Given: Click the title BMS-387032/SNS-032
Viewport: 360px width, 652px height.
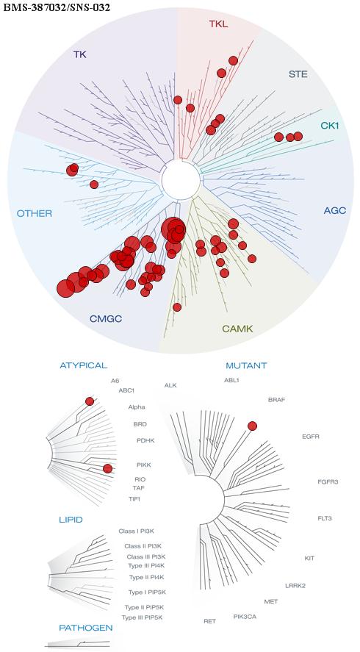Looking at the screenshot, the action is click(x=57, y=8).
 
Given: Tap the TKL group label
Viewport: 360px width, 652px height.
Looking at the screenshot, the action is click(x=218, y=24).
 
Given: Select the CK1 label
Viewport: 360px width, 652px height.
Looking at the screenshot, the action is click(x=330, y=125).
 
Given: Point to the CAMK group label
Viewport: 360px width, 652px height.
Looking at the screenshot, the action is click(x=237, y=329).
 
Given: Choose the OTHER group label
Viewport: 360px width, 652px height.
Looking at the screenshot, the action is click(x=35, y=214).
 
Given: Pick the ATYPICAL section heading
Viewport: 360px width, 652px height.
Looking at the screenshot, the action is click(x=84, y=365).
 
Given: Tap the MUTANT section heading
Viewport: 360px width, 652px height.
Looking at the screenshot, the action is click(x=246, y=366).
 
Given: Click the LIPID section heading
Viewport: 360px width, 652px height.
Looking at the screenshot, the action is click(x=71, y=520).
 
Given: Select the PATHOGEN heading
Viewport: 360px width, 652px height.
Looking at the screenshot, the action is click(x=86, y=628).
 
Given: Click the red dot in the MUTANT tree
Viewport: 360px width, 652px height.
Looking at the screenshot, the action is click(x=252, y=426).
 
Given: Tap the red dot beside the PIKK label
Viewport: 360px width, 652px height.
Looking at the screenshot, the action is click(x=108, y=469).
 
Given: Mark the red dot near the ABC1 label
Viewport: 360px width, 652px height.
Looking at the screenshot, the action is click(x=90, y=401).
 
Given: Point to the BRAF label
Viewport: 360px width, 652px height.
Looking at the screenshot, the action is click(x=276, y=400).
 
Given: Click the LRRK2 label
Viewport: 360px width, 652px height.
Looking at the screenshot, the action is click(x=295, y=586).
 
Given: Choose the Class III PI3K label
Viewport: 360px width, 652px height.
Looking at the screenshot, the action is click(x=140, y=556).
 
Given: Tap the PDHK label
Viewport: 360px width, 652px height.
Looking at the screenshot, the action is click(x=145, y=440).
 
